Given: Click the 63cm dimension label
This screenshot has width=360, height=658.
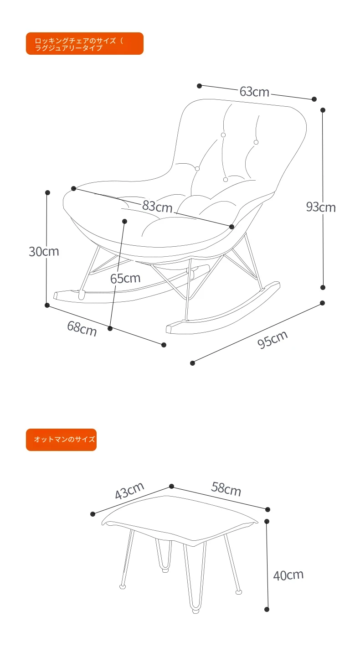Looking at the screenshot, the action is (x=254, y=92).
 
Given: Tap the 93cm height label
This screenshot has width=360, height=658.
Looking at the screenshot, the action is (x=321, y=207).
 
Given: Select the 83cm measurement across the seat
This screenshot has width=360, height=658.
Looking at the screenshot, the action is (x=157, y=207).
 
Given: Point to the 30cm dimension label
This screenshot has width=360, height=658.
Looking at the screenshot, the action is (x=44, y=252).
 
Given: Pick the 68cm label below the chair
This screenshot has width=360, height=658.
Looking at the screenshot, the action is (x=82, y=328).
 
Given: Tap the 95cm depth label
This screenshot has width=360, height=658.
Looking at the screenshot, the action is (x=273, y=340).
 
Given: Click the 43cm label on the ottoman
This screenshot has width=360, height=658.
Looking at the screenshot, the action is (x=129, y=491).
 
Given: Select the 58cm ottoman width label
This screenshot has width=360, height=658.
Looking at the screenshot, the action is (x=226, y=489).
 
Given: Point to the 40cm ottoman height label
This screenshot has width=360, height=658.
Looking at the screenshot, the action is (x=288, y=575).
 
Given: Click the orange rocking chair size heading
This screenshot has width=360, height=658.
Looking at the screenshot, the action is (x=85, y=43).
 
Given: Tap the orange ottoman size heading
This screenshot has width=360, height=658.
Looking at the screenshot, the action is (x=61, y=440).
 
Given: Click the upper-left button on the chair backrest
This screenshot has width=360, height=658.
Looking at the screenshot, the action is (x=223, y=135).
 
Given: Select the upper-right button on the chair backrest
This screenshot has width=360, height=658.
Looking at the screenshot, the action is (x=256, y=142).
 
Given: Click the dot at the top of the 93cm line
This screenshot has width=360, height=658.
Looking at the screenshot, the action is (x=323, y=110).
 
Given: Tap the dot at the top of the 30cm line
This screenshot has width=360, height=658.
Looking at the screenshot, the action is (x=47, y=193).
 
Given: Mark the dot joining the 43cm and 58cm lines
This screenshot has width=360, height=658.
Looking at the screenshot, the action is (x=172, y=487).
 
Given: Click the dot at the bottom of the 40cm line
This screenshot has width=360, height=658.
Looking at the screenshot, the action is (x=267, y=610).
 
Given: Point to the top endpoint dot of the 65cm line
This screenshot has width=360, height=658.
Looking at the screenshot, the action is (x=124, y=221).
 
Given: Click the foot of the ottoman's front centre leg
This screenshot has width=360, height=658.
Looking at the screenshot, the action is (x=195, y=611).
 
